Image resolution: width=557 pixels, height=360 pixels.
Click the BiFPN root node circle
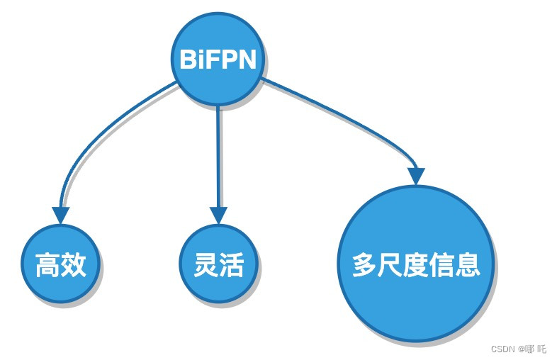[218, 60]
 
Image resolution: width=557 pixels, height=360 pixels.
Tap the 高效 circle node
[60, 265]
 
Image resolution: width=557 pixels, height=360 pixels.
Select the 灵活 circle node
[218, 265]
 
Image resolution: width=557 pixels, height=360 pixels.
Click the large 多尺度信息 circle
[416, 264]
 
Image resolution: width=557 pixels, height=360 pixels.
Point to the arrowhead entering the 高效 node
[60, 215]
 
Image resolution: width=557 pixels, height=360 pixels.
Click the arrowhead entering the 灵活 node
[218, 215]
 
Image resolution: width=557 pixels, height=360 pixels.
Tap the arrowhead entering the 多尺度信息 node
[416, 176]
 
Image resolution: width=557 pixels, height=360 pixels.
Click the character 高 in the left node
[47, 266]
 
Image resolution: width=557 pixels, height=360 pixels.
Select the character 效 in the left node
[73, 266]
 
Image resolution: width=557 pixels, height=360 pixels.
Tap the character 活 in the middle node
[231, 265]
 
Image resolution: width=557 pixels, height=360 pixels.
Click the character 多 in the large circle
[365, 265]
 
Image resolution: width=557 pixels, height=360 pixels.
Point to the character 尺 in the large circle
[390, 265]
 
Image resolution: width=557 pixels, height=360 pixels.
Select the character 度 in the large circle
[416, 265]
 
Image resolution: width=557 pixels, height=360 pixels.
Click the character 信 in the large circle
[441, 265]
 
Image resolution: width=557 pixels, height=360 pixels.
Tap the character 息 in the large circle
[468, 265]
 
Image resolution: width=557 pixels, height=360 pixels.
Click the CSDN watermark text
[518, 349]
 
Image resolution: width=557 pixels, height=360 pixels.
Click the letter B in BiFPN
[188, 60]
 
